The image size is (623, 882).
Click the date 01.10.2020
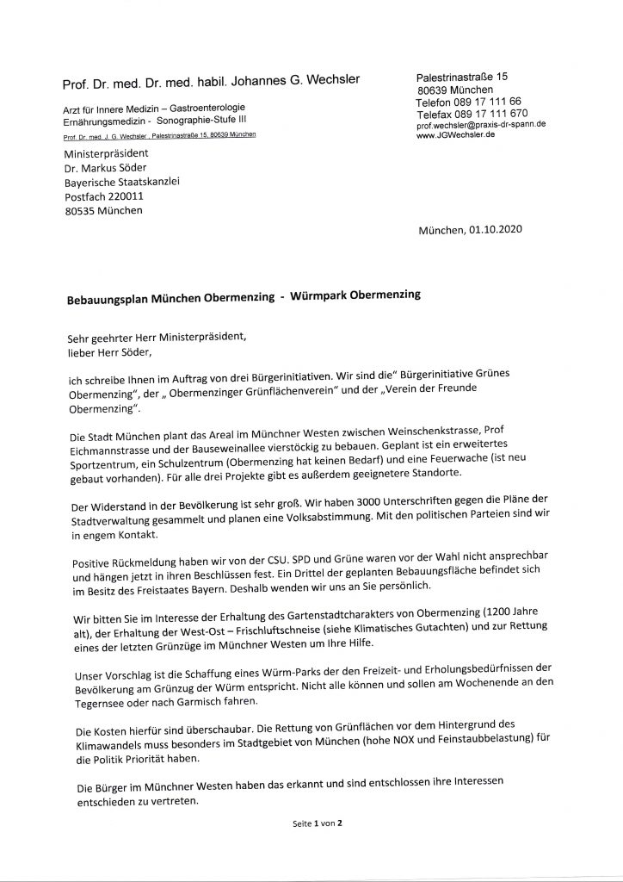(x=494, y=231)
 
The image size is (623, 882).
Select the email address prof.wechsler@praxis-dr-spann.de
(x=480, y=125)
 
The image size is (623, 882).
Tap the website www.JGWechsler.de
(x=453, y=136)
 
